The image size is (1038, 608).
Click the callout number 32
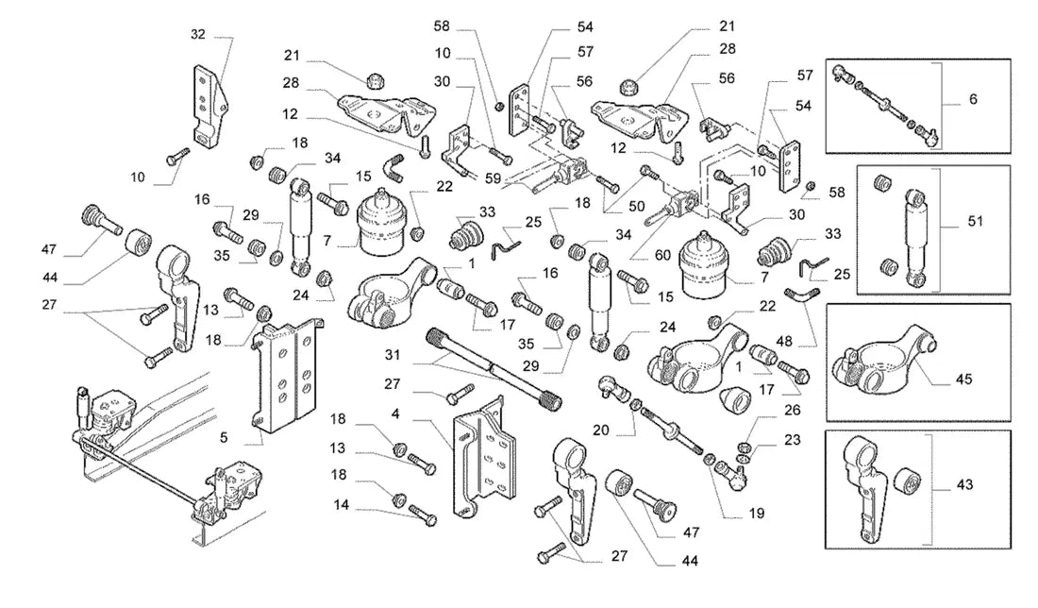[x=198, y=34]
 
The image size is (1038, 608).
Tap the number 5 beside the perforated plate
[x=224, y=437]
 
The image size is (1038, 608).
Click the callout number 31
[x=393, y=355]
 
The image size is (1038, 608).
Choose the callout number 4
[x=395, y=414]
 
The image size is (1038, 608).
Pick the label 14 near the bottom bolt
[x=341, y=505]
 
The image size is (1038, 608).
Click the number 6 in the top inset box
[x=973, y=99]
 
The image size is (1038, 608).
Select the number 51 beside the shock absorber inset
[x=975, y=221]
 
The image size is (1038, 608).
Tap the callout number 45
[x=963, y=379]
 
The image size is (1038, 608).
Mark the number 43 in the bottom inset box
[x=964, y=485]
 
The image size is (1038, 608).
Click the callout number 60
[x=662, y=256]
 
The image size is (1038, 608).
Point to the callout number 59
[x=493, y=178]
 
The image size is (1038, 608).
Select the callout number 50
[x=636, y=206]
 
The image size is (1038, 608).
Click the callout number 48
[x=784, y=342]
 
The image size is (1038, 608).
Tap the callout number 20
[x=600, y=431]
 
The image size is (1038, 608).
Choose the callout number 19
[x=757, y=514]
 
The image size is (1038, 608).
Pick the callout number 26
[x=793, y=410]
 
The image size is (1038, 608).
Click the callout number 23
[x=793, y=440]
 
